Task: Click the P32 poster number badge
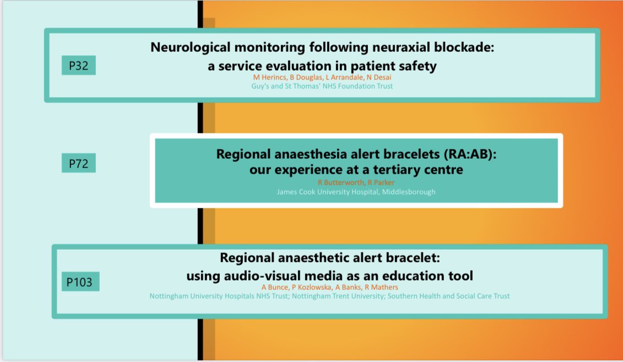click(x=79, y=65)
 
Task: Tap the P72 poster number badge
click(x=79, y=163)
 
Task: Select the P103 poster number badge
click(x=80, y=282)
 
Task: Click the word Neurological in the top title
click(x=191, y=47)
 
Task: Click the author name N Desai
click(x=378, y=77)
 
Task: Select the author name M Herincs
click(x=270, y=77)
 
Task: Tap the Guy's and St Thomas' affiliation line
click(x=322, y=86)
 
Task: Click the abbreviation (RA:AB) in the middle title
click(x=470, y=154)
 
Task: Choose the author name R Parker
click(x=381, y=182)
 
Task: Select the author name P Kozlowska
click(x=312, y=287)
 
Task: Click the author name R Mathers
click(x=381, y=287)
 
